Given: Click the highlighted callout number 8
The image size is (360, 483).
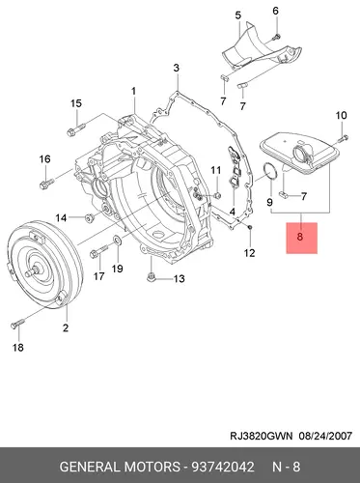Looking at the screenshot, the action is [x=300, y=237].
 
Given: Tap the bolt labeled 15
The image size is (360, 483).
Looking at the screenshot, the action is [x=76, y=128].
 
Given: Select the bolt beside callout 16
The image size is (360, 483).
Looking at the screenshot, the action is [x=47, y=183].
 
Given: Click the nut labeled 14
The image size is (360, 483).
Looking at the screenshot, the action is [x=89, y=218].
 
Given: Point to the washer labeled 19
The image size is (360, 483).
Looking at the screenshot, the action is [x=117, y=240].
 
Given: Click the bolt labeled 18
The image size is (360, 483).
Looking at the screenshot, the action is [x=17, y=324].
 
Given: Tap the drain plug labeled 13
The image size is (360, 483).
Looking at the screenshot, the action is [x=151, y=277].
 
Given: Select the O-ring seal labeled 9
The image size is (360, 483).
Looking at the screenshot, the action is [x=269, y=171].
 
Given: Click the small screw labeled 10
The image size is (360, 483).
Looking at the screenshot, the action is [x=343, y=139].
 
